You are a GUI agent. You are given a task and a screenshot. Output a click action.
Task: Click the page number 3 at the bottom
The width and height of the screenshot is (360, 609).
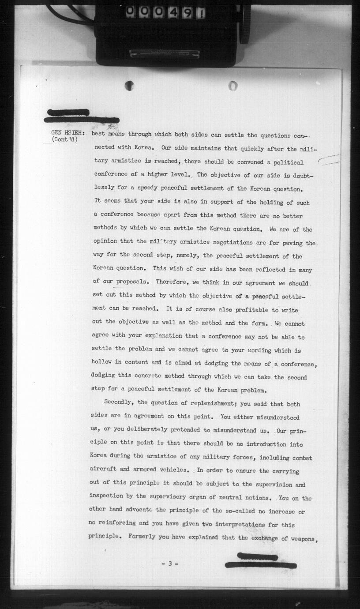(169, 564)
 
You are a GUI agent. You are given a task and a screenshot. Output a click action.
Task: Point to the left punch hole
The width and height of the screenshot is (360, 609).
(129, 86)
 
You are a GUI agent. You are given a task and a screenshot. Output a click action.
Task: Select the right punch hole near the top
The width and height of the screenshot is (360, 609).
(233, 86)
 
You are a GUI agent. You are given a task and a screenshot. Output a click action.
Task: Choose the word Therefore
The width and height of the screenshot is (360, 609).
(172, 282)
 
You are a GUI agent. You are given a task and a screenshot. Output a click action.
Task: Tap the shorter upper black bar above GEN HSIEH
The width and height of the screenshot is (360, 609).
(68, 112)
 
